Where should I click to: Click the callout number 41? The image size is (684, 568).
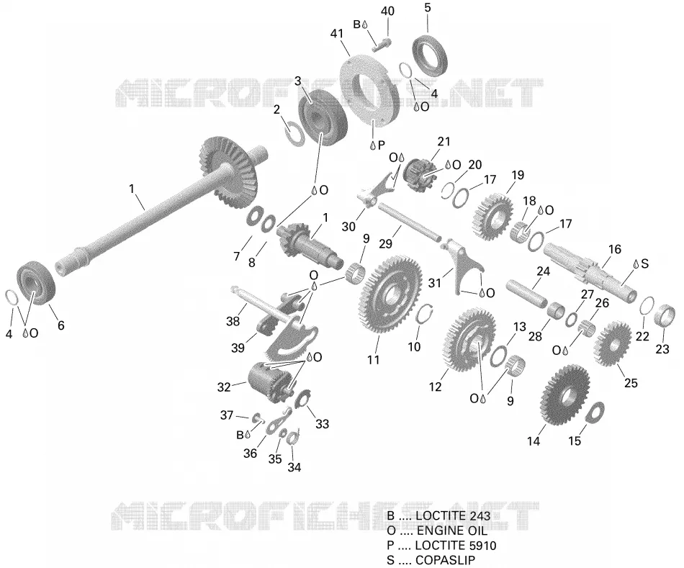pyautogui.click(x=337, y=34)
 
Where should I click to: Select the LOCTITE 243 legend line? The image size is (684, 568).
pyautogui.click(x=438, y=515)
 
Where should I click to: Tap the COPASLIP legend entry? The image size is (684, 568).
pyautogui.click(x=431, y=560)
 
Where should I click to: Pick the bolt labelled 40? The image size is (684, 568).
pyautogui.click(x=382, y=44)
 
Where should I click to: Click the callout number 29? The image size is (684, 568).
pyautogui.click(x=385, y=243)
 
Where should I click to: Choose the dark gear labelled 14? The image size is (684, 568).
pyautogui.click(x=564, y=395)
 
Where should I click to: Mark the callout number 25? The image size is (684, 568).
pyautogui.click(x=631, y=382)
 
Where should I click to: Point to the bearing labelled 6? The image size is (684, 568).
pyautogui.click(x=36, y=281)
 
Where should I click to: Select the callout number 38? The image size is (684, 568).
pyautogui.click(x=233, y=322)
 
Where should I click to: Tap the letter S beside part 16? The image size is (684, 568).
pyautogui.click(x=644, y=263)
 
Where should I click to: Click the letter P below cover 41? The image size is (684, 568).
pyautogui.click(x=382, y=145)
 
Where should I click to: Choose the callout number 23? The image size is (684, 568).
pyautogui.click(x=662, y=349)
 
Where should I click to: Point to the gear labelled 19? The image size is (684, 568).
pyautogui.click(x=492, y=215)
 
